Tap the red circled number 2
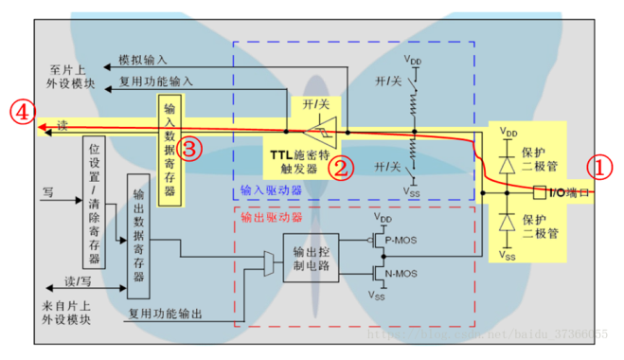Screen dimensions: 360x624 [x=341, y=167]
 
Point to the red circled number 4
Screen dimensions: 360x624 [x=20, y=112]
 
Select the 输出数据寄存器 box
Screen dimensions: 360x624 [x=138, y=238]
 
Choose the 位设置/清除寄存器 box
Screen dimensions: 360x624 [x=95, y=203]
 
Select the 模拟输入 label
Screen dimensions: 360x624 [x=144, y=60]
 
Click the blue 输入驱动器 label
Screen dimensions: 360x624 [x=272, y=190]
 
